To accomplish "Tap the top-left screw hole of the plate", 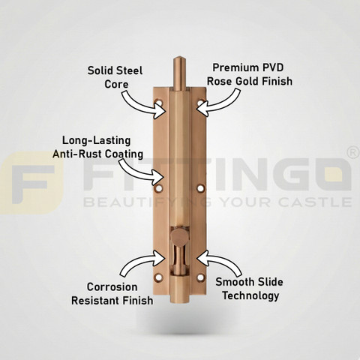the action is (158, 103).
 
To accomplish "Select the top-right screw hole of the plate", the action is (201, 103).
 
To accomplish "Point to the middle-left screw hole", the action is (158, 188).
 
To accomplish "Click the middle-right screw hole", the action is (201, 188).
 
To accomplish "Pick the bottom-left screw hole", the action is (158, 277).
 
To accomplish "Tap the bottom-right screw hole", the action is (201, 277).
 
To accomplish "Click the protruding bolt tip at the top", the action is (180, 73).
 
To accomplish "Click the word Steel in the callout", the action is (130, 70).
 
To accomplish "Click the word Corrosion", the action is (112, 287).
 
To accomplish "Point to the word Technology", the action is (250, 296).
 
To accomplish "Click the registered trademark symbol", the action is (353, 153).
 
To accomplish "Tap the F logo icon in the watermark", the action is (31, 183).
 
